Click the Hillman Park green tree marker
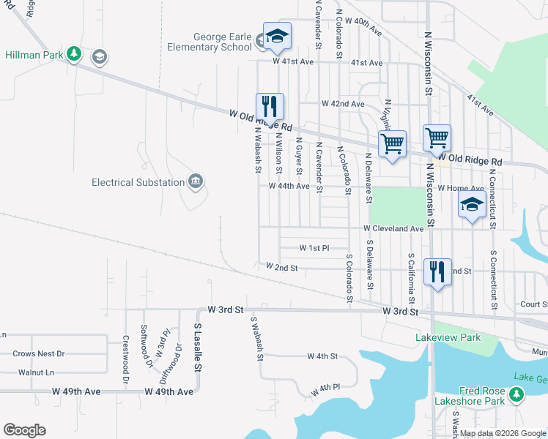(x=73, y=54)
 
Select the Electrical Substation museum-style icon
(x=195, y=181)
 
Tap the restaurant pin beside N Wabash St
(x=270, y=107)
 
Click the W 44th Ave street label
(x=289, y=187)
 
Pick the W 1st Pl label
(x=315, y=248)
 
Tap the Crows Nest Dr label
(x=38, y=354)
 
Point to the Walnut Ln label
(x=37, y=372)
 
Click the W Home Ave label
(x=461, y=188)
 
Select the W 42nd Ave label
(x=343, y=105)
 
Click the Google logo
(x=24, y=429)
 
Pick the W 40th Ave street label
(x=365, y=29)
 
